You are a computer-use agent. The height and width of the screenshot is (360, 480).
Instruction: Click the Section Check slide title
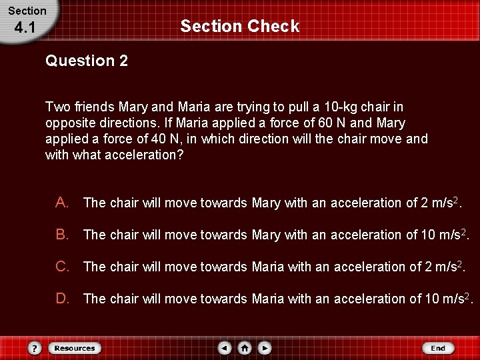click(x=239, y=27)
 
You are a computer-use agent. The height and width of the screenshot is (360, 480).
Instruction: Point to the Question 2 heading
click(x=87, y=61)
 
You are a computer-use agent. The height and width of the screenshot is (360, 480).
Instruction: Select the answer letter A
click(x=61, y=202)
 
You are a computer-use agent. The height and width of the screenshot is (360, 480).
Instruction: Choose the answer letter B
click(x=61, y=234)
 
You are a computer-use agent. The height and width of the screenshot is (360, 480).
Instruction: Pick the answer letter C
click(x=61, y=266)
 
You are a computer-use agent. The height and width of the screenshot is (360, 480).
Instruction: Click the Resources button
click(x=74, y=348)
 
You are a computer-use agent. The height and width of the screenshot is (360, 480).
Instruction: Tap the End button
click(x=438, y=348)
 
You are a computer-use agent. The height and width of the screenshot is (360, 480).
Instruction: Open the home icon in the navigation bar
click(x=245, y=348)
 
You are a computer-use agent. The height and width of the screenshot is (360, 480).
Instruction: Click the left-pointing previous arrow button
click(x=225, y=348)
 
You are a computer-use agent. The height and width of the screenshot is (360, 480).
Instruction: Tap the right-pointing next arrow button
click(x=265, y=348)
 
